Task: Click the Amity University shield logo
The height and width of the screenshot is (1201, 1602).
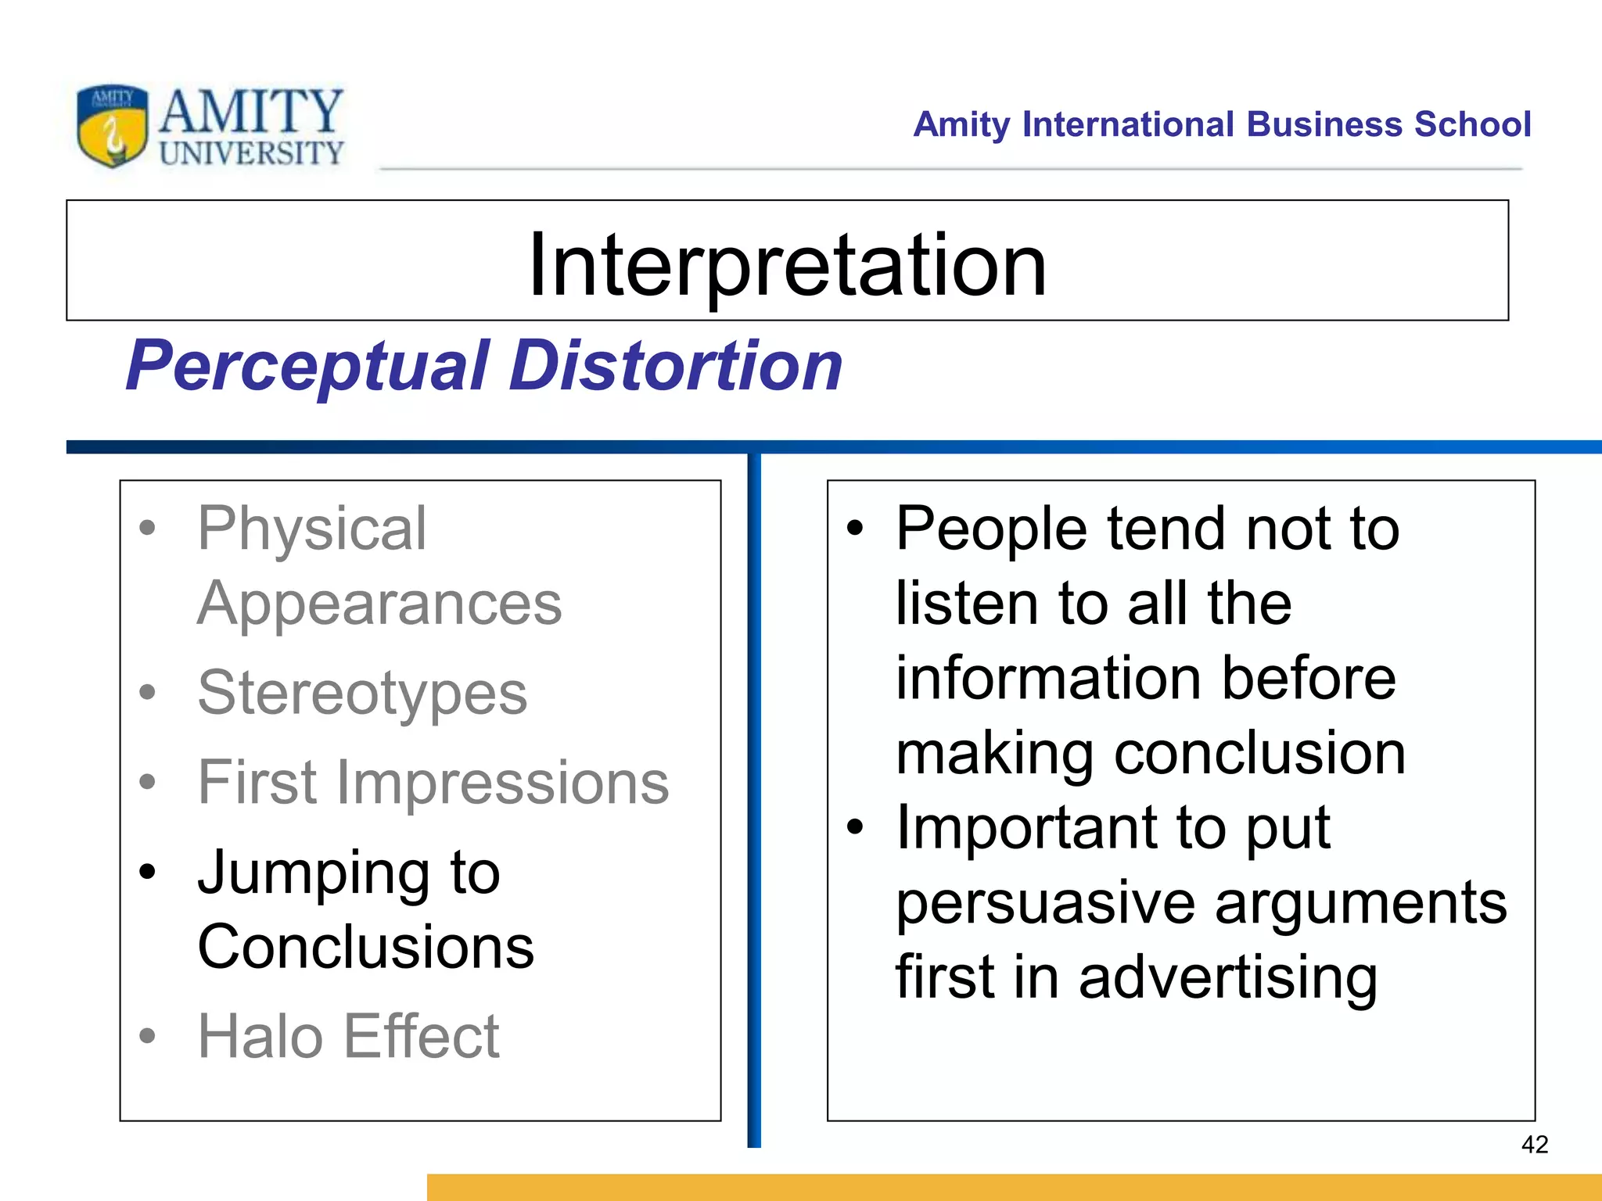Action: (112, 125)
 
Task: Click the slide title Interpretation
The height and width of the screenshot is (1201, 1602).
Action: (787, 265)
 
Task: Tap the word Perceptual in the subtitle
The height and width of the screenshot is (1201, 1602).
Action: (308, 366)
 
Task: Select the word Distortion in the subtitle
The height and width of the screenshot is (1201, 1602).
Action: (675, 366)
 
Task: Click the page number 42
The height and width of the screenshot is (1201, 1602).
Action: (1534, 1145)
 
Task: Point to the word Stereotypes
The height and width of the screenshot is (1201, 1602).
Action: (362, 694)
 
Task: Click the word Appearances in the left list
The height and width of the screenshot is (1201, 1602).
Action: (379, 604)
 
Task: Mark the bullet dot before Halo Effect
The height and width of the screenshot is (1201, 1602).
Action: (147, 1037)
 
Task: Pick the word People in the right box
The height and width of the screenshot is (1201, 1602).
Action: (991, 529)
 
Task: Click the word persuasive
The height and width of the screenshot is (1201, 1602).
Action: (1045, 903)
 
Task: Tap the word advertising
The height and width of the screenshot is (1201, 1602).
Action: (1227, 977)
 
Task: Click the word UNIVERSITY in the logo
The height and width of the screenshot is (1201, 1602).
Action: (251, 153)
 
